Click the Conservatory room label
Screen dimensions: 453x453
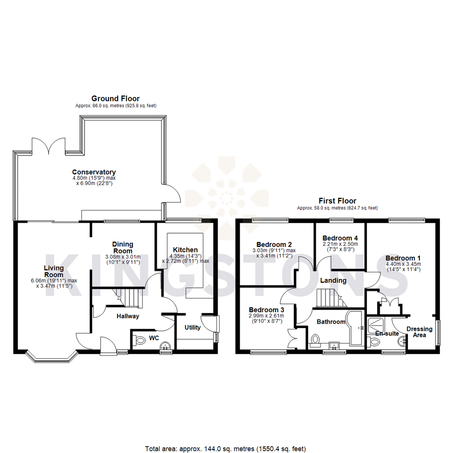(x=94, y=172)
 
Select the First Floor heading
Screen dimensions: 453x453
(x=337, y=201)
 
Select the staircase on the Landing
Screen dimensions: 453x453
(x=329, y=298)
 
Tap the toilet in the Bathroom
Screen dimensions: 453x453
(x=317, y=339)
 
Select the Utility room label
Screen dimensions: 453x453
(x=193, y=327)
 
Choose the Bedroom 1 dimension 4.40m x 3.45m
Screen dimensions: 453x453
(x=403, y=264)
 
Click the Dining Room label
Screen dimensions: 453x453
(x=122, y=247)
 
